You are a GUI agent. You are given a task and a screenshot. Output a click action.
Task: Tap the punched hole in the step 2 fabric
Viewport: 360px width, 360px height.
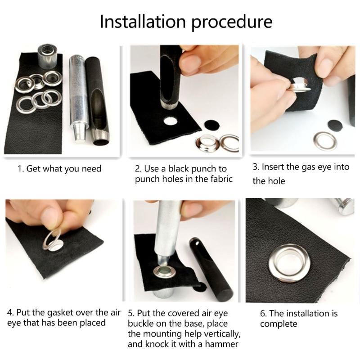(x=171, y=121)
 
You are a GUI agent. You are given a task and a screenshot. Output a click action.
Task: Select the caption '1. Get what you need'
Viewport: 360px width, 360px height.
(x=59, y=169)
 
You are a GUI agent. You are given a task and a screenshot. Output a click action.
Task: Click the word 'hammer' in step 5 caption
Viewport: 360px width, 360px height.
(x=217, y=344)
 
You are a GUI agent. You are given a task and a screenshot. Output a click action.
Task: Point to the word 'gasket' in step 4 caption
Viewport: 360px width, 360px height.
(x=53, y=312)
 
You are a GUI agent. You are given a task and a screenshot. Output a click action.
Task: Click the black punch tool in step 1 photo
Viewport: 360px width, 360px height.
(x=98, y=99)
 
